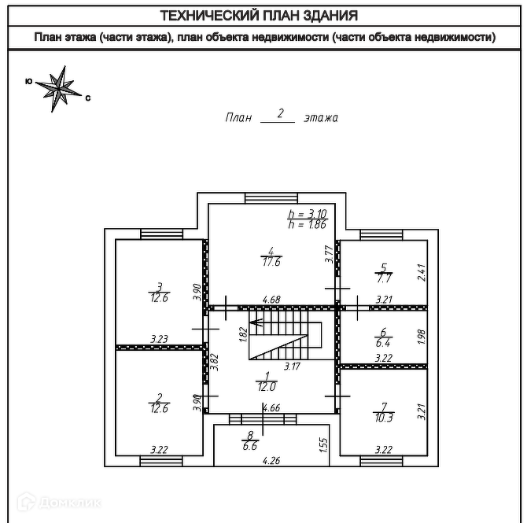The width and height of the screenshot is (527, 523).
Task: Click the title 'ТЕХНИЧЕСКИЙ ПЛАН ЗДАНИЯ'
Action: (x=259, y=15)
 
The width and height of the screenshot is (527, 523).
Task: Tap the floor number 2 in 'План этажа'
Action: (x=280, y=113)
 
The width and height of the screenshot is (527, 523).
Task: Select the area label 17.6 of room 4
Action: (x=271, y=263)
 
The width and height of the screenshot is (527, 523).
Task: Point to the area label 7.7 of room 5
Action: (x=384, y=278)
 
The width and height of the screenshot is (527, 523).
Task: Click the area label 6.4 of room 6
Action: (x=384, y=342)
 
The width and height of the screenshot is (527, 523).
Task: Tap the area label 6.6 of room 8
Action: (x=250, y=446)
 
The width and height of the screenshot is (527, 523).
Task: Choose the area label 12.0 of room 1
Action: (x=267, y=385)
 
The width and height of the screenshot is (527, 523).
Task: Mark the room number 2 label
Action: (x=159, y=397)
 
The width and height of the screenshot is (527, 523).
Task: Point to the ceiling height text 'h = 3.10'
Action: (x=306, y=214)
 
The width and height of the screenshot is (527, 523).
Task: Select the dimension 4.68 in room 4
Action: (x=271, y=300)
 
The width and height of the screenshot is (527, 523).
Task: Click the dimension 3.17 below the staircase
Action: (x=291, y=366)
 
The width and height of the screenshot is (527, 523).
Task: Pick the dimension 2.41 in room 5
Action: (x=422, y=272)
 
